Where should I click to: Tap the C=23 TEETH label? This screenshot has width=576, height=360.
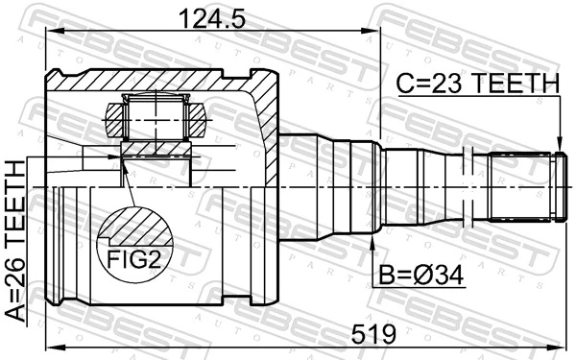tap(477, 85)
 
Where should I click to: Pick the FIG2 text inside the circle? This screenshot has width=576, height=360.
tap(132, 258)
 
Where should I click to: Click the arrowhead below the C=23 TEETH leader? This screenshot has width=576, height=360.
tap(560, 145)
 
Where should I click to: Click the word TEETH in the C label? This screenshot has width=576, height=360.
tap(519, 85)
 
